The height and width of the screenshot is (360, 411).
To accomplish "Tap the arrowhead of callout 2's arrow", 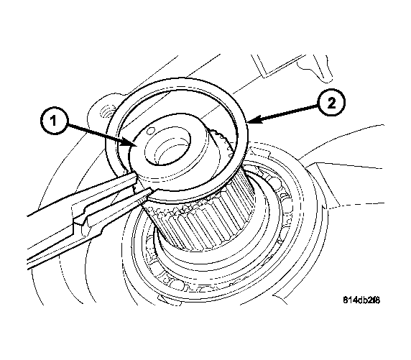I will pyautogui.click(x=249, y=123).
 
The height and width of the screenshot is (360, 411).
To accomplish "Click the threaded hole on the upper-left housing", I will pyautogui.click(x=105, y=111).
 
